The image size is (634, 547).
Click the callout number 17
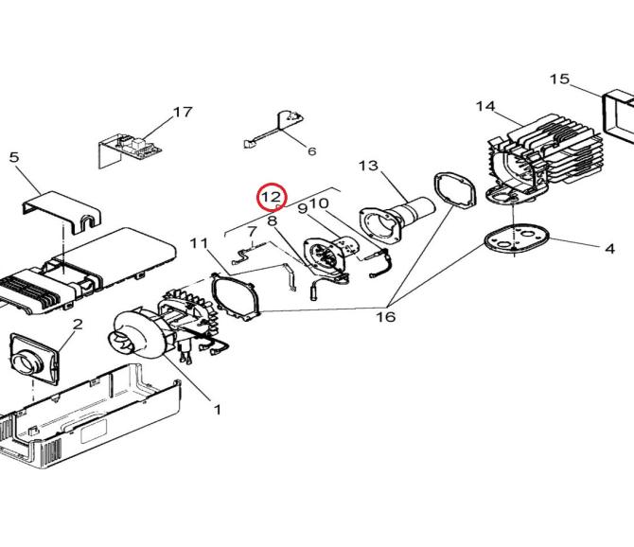click(x=183, y=112)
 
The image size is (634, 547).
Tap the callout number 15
click(x=559, y=79)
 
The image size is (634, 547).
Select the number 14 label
click(x=485, y=106)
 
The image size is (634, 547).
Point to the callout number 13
click(x=368, y=166)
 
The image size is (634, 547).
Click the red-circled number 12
click(x=273, y=197)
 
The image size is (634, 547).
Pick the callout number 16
click(x=386, y=317)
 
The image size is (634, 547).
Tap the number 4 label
click(x=609, y=249)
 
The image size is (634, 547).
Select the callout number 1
click(x=218, y=410)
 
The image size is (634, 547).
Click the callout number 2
click(x=78, y=325)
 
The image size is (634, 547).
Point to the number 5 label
click(x=14, y=157)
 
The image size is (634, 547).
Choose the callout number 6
click(x=311, y=151)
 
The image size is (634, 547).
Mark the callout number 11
click(x=199, y=243)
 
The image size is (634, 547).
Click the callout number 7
click(x=252, y=232)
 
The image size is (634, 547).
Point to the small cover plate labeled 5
click(x=62, y=212)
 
